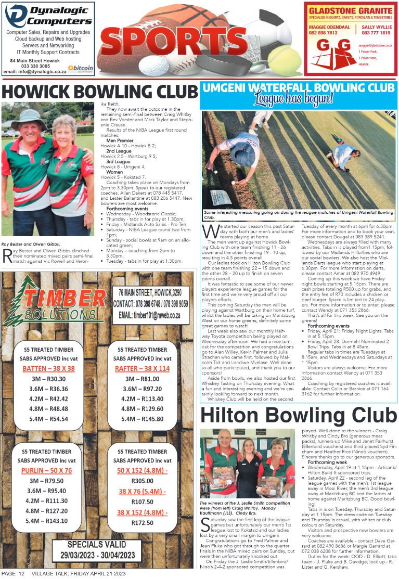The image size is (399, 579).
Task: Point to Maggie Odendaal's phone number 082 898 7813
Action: click(323, 33)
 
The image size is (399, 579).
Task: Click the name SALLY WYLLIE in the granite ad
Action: click(376, 27)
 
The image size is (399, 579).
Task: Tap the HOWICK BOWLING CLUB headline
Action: click(100, 91)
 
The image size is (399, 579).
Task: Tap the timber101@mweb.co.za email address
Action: click(149, 315)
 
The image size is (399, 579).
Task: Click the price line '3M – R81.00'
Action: click(142, 379)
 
